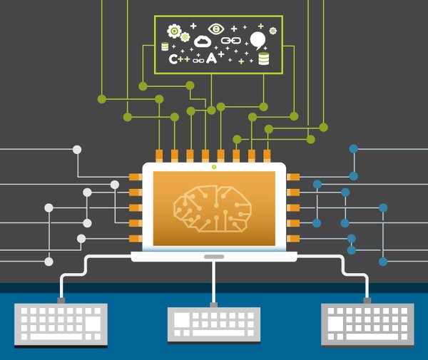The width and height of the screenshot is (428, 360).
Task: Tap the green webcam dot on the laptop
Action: (214, 168)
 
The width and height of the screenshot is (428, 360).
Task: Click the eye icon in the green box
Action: (215, 29)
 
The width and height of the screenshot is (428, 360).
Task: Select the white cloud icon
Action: (203, 41)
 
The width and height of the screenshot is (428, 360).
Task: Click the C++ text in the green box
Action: (179, 59)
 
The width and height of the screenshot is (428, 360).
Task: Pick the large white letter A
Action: (212, 58)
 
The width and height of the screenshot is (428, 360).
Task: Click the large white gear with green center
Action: (173, 31)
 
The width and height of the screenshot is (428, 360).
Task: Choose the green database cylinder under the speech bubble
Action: (264, 58)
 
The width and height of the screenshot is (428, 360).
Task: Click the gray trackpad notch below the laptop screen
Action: (214, 256)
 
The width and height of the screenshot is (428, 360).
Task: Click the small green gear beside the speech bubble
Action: (272, 30)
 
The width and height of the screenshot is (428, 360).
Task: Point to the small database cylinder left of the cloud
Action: (165, 46)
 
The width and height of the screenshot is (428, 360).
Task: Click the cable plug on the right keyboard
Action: (367, 301)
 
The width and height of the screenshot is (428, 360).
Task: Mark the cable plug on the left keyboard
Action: (61, 301)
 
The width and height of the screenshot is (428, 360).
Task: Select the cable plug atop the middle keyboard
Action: (213, 305)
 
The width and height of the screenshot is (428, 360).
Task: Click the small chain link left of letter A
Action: (198, 60)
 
